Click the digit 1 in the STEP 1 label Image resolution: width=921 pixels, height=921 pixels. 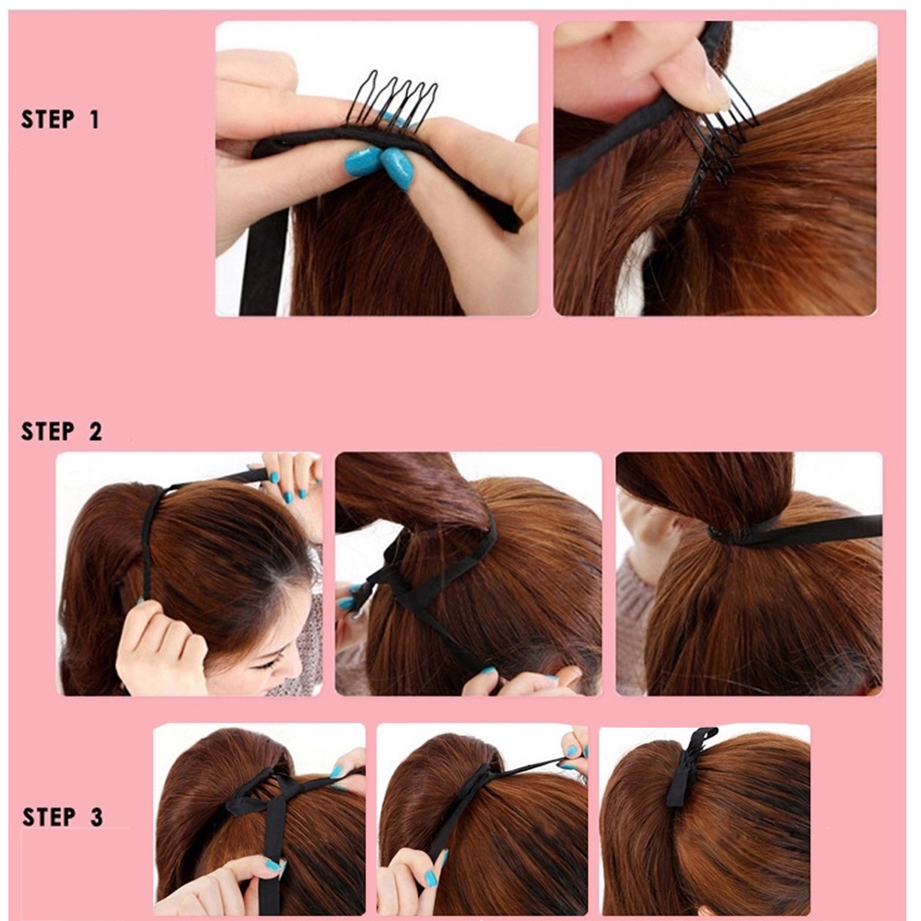pyautogui.click(x=94, y=120)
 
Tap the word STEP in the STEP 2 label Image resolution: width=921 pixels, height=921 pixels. pyautogui.click(x=48, y=432)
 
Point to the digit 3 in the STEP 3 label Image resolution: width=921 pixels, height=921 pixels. pyautogui.click(x=97, y=817)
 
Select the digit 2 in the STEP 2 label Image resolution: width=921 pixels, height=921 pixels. pyautogui.click(x=96, y=432)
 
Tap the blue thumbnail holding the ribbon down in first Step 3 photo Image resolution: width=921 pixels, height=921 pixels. pyautogui.click(x=274, y=865)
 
